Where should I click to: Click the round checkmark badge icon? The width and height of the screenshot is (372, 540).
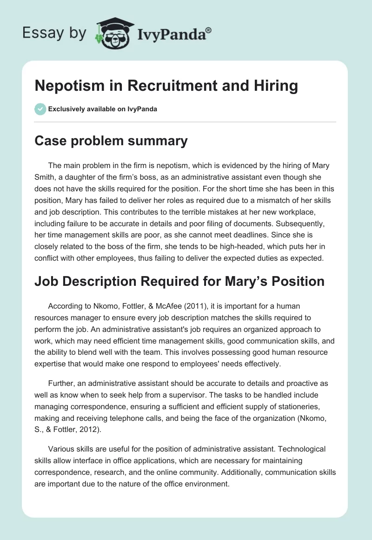(40, 109)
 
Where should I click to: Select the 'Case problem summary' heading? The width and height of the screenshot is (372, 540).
(111, 141)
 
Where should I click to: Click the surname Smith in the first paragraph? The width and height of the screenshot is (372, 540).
(46, 177)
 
